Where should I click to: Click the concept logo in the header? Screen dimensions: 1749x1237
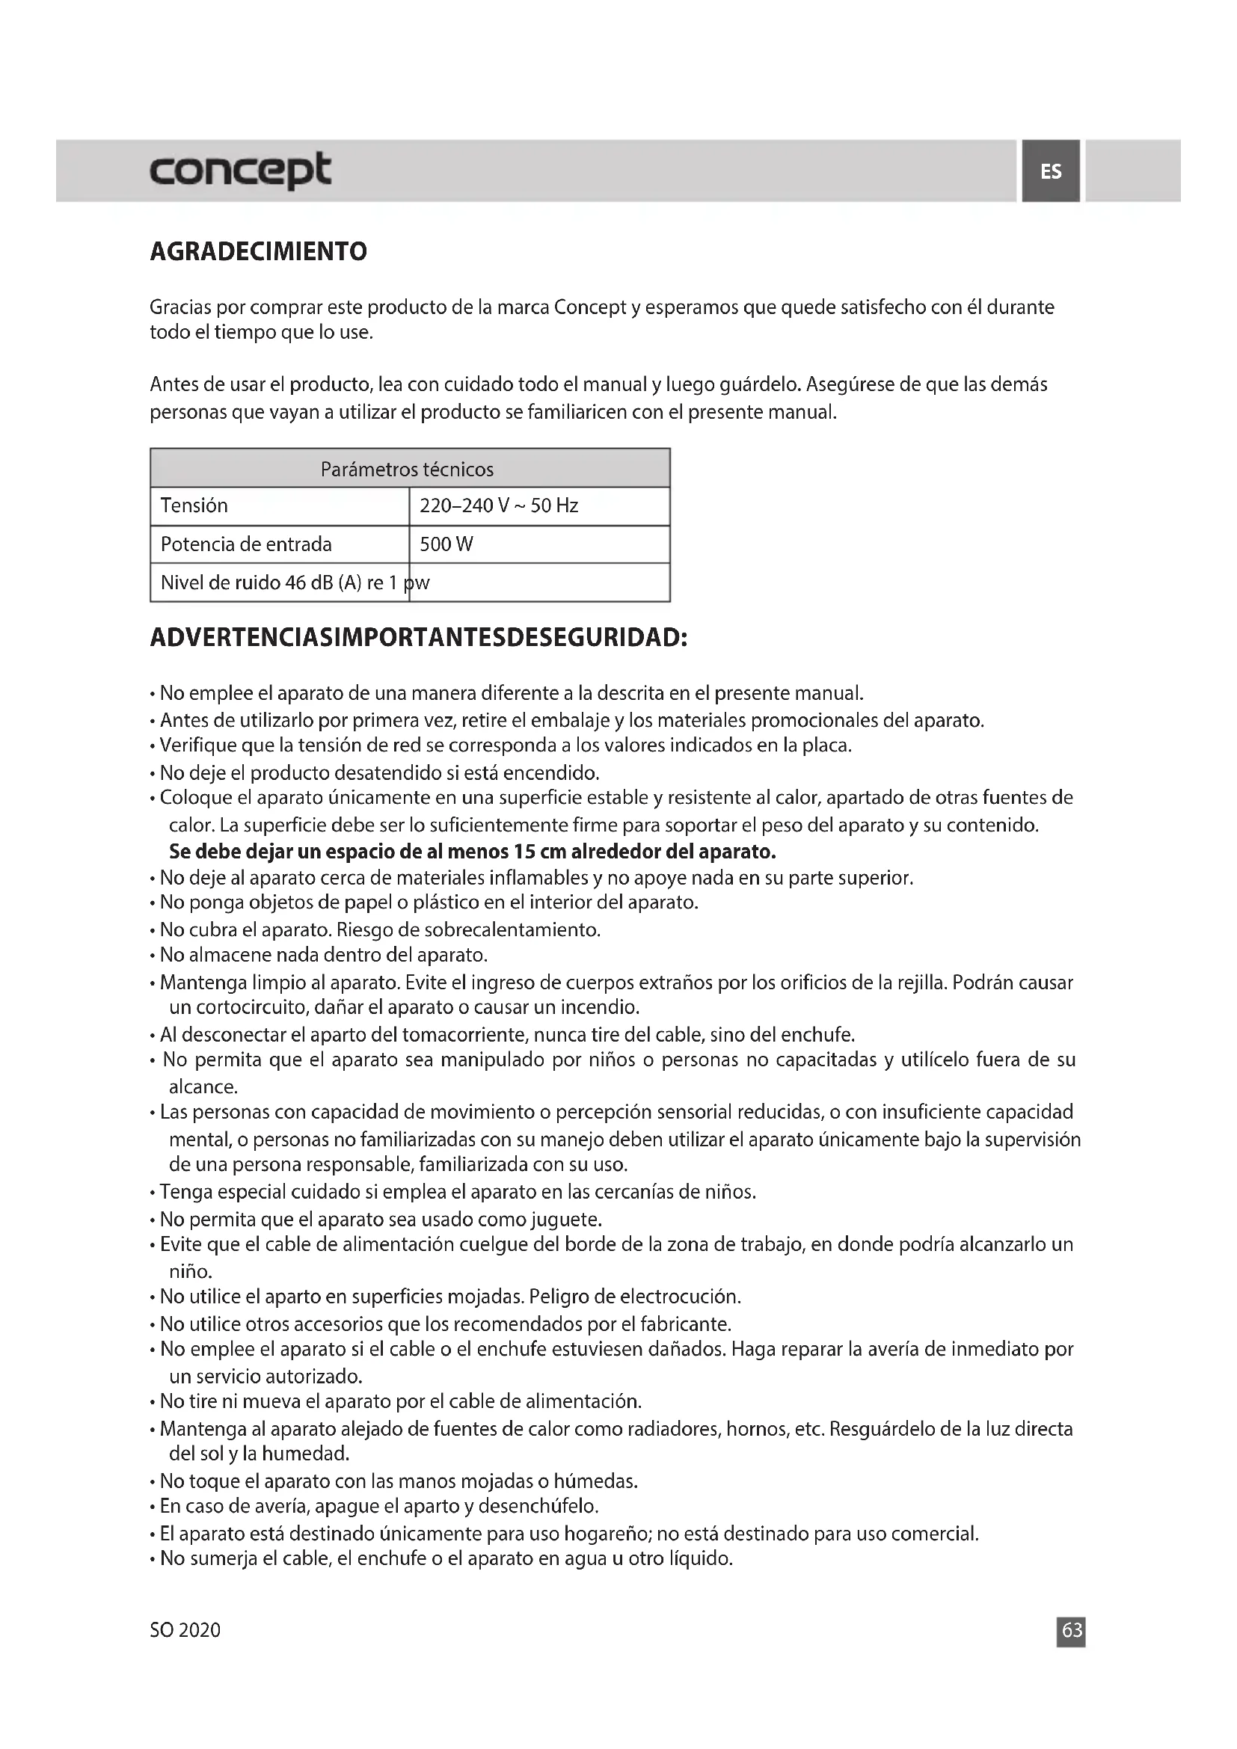[240, 170]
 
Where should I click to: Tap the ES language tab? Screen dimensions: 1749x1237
[1050, 171]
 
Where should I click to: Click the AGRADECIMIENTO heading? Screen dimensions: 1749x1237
[258, 251]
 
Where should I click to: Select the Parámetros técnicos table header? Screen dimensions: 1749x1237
[407, 470]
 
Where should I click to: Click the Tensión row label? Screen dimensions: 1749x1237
[194, 505]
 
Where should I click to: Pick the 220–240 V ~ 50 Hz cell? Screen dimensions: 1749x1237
[499, 505]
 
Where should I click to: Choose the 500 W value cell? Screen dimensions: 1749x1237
[446, 544]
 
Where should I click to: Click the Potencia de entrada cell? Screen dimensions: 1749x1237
[246, 544]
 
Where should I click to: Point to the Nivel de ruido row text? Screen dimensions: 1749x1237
[295, 583]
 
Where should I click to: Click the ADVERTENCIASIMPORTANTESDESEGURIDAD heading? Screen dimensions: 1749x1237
[419, 638]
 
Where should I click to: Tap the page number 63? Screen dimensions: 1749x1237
[1072, 1630]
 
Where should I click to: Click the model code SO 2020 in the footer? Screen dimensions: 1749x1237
[185, 1630]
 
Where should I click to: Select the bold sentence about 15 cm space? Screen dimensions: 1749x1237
[472, 851]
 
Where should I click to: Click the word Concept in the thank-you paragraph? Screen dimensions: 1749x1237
[589, 308]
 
